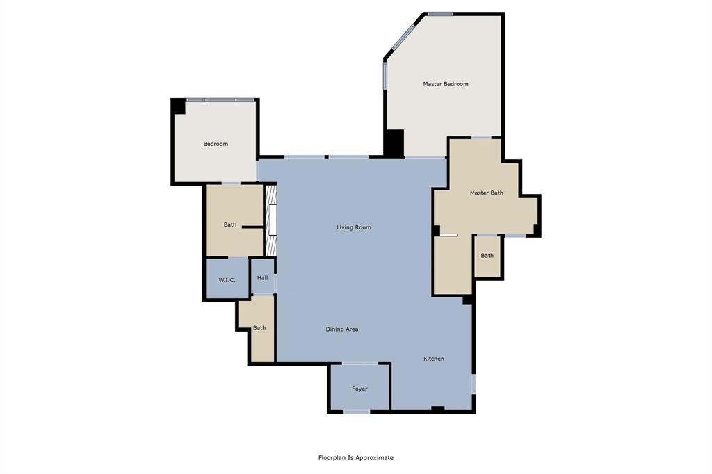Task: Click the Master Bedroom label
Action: pyautogui.click(x=446, y=84)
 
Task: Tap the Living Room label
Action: pyautogui.click(x=354, y=227)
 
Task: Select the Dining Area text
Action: pyautogui.click(x=342, y=329)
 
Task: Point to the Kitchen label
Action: pyautogui.click(x=434, y=359)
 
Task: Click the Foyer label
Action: pyautogui.click(x=359, y=389)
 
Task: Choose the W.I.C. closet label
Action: pyautogui.click(x=227, y=280)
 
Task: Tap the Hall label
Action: pyautogui.click(x=262, y=278)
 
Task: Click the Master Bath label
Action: pyautogui.click(x=486, y=193)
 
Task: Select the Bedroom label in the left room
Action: pyautogui.click(x=216, y=144)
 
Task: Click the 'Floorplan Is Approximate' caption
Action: pyautogui.click(x=356, y=457)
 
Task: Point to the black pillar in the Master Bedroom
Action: pyautogui.click(x=394, y=143)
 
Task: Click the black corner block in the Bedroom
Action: pyautogui.click(x=179, y=106)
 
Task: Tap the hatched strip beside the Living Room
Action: pyautogui.click(x=270, y=220)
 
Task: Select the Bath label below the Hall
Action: pyautogui.click(x=259, y=328)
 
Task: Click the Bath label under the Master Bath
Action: pyautogui.click(x=487, y=256)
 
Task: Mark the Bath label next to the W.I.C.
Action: pyautogui.click(x=230, y=224)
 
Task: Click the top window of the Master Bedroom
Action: pyautogui.click(x=440, y=14)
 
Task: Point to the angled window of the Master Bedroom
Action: pyautogui.click(x=404, y=37)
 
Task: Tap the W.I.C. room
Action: pyautogui.click(x=227, y=278)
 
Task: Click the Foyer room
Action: pyautogui.click(x=359, y=387)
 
